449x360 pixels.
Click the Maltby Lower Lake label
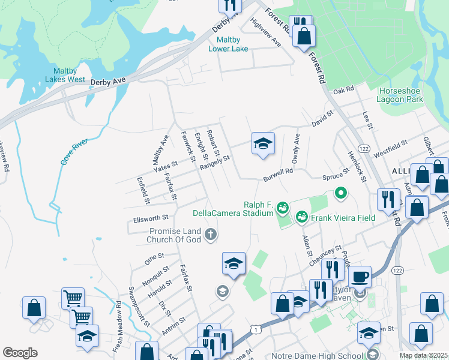pyautogui.click(x=236, y=44)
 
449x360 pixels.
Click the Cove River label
pyautogui.click(x=74, y=151)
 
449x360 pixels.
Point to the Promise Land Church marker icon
pyautogui.click(x=210, y=235)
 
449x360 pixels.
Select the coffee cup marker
pyautogui.click(x=360, y=277)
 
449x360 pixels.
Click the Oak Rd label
pyautogui.click(x=344, y=89)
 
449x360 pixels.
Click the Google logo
pyautogui.click(x=20, y=353)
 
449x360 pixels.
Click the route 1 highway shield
pyautogui.click(x=256, y=329)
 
